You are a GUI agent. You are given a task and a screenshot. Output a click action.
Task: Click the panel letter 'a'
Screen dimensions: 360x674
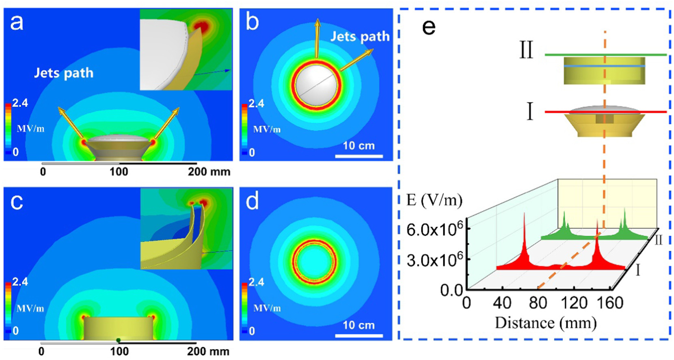click(x=17, y=22)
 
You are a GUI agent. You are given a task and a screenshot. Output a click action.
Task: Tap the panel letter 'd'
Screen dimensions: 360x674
click(x=252, y=201)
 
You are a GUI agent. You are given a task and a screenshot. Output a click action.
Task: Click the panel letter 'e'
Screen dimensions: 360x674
click(x=429, y=27)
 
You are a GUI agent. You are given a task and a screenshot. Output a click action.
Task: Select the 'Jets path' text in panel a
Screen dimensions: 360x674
click(x=63, y=73)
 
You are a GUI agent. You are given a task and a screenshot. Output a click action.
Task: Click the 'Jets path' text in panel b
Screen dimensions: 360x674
click(x=360, y=37)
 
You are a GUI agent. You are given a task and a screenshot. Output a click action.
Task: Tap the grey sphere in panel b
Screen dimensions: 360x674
click(x=317, y=86)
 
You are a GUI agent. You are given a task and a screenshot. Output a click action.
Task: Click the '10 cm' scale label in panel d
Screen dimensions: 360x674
click(x=359, y=325)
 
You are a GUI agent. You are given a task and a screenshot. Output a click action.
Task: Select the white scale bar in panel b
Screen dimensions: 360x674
click(x=359, y=156)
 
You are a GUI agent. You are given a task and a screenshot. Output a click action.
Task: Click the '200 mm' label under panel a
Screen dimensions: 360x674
click(x=209, y=172)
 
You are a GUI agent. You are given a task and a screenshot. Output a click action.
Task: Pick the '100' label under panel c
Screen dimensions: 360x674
click(x=119, y=351)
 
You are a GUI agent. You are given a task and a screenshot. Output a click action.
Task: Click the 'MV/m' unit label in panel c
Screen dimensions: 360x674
click(x=30, y=308)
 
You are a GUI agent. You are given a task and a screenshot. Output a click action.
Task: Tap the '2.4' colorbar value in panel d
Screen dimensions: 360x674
click(x=256, y=282)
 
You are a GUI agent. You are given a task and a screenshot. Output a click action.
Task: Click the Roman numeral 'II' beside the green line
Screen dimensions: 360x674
click(x=526, y=51)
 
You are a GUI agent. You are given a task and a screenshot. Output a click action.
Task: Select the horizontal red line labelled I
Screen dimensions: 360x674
click(x=605, y=112)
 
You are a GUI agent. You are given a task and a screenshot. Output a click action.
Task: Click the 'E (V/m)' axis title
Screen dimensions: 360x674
click(x=434, y=200)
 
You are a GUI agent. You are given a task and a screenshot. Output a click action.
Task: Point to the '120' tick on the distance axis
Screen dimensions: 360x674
click(x=575, y=303)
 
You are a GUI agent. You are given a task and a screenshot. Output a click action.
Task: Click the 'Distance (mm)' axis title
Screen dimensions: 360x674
click(x=545, y=323)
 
